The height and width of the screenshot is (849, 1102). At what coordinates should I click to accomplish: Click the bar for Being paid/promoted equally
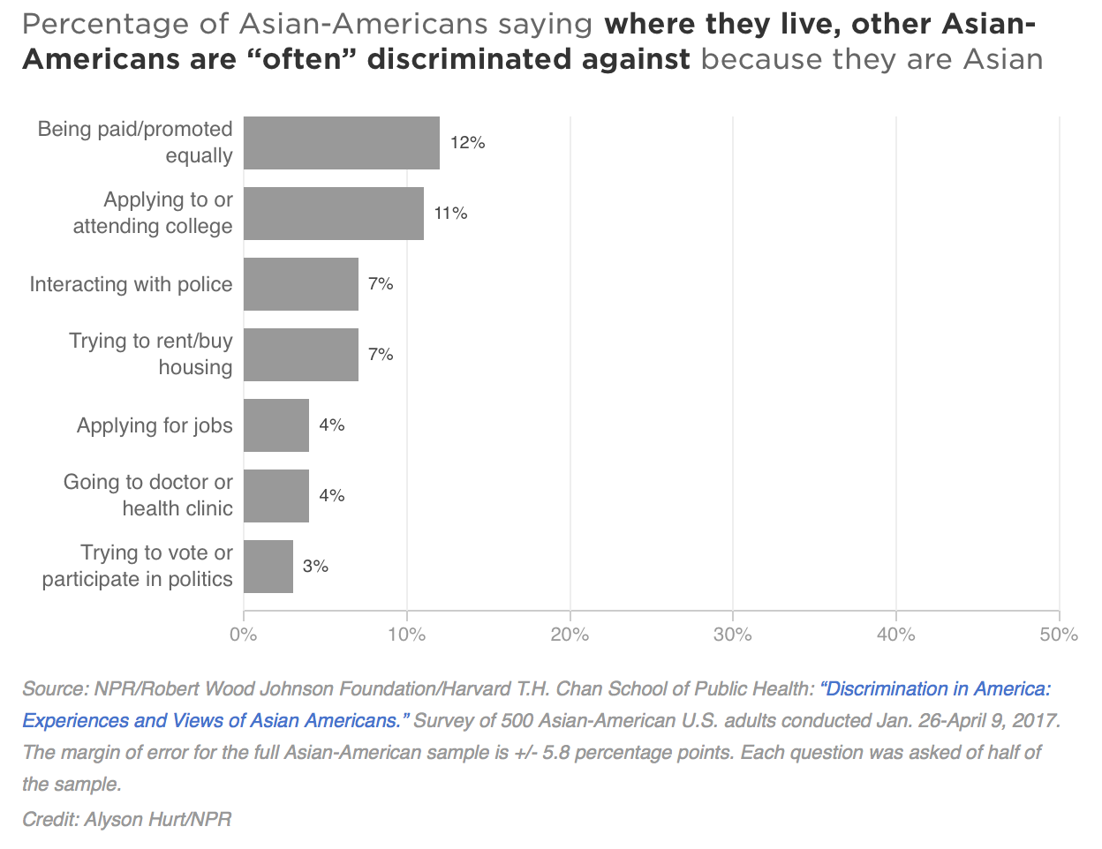[x=341, y=143]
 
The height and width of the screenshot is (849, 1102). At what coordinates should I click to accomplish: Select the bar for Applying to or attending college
[x=333, y=214]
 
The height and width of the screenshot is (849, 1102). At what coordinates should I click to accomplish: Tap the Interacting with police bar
[x=300, y=284]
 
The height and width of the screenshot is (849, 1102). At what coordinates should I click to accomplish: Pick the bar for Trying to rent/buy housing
[x=300, y=355]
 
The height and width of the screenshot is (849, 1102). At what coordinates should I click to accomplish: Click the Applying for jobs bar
[x=275, y=425]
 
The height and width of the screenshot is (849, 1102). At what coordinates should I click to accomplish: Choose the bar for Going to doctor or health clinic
[x=275, y=496]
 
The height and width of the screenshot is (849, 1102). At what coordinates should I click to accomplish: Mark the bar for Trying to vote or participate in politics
[x=268, y=567]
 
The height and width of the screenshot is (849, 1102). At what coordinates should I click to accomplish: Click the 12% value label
[x=467, y=143]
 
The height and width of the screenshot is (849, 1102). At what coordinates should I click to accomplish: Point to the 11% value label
[x=450, y=214]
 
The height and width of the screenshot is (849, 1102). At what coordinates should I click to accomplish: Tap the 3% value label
[x=315, y=567]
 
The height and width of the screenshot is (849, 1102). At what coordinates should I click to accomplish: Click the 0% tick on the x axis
[x=244, y=635]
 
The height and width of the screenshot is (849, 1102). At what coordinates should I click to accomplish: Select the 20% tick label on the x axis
[x=570, y=635]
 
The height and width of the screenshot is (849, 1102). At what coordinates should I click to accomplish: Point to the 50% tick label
[x=1059, y=635]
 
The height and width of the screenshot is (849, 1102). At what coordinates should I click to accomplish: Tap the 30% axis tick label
[x=733, y=635]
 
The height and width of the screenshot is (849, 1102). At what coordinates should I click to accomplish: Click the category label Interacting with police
[x=131, y=284]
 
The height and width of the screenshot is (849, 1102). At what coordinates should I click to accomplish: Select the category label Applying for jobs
[x=155, y=425]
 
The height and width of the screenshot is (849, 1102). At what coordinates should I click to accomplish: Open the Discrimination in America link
[x=935, y=689]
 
